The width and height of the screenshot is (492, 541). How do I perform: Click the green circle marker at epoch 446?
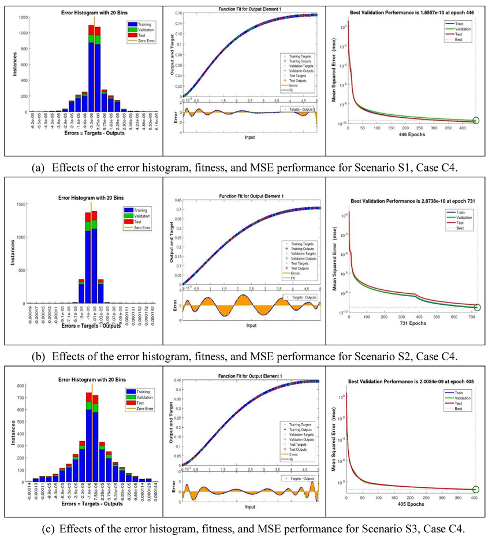[475, 121]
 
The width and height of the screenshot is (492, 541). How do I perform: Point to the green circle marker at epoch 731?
[477, 307]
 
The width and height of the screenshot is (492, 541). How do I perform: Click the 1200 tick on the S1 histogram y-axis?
[20, 17]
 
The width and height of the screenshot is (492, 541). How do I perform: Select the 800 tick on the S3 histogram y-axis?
[21, 385]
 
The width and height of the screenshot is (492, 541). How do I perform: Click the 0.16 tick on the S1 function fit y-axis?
[176, 13]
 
